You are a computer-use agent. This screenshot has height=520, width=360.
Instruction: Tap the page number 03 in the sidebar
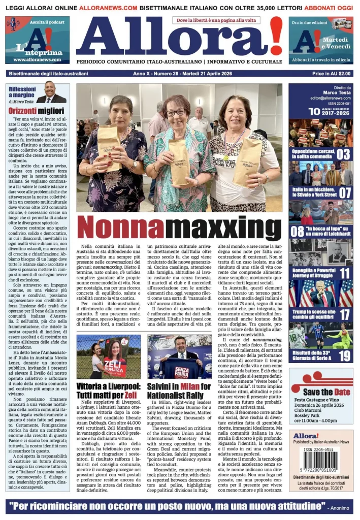tap(344, 154)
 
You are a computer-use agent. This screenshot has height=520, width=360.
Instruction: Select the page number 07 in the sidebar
tap(345, 193)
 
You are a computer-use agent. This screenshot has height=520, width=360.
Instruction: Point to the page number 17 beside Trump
tap(345, 314)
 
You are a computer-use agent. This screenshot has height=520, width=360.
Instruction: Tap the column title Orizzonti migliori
tap(32, 110)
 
